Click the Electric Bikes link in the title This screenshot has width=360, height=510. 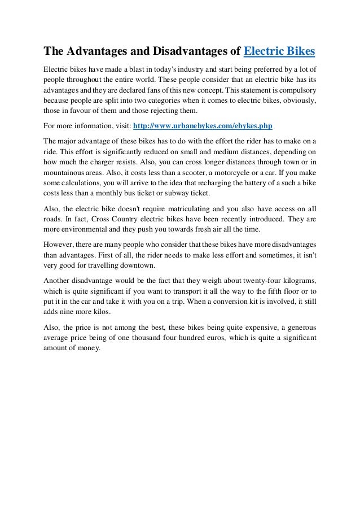click(x=279, y=53)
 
